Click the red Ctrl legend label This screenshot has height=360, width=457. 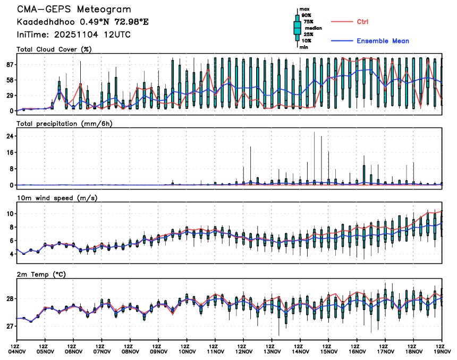click(362, 22)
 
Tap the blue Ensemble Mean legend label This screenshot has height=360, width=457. click(383, 41)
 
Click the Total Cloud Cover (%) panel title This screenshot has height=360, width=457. click(54, 50)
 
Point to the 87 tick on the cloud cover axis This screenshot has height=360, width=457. click(9, 65)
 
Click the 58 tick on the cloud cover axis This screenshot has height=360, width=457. click(9, 80)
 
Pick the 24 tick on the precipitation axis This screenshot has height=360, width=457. click(9, 136)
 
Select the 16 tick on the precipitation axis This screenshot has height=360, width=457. click(9, 152)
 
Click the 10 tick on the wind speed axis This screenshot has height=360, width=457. click(9, 213)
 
